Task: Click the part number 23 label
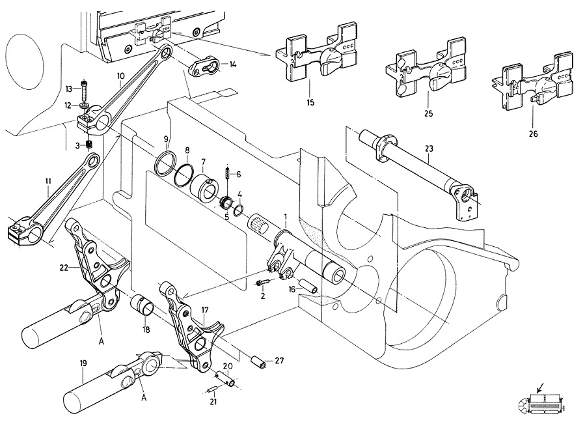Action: coord(429,148)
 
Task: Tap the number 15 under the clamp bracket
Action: coord(310,102)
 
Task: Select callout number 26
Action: coord(534,134)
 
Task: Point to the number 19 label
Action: coord(83,363)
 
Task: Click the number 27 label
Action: coord(279,360)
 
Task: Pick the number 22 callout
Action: coord(64,268)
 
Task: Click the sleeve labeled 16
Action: coord(308,285)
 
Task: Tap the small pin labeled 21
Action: coord(212,389)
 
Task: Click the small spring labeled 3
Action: coord(89,144)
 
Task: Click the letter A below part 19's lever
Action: coord(144,398)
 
